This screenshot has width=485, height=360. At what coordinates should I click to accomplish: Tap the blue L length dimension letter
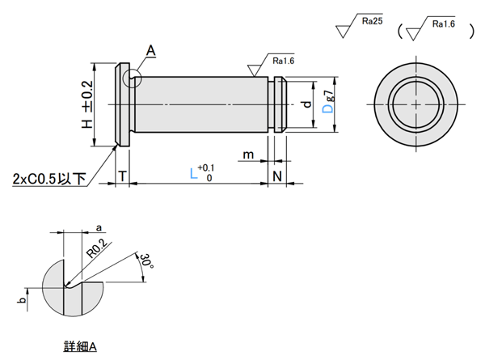pos(192,173)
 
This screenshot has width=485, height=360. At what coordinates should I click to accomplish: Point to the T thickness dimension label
pos(121,176)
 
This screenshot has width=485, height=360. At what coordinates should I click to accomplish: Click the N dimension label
pos(276,176)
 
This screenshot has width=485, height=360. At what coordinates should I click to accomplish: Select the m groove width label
pos(249,155)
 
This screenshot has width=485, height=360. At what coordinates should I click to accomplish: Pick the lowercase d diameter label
pos(305,105)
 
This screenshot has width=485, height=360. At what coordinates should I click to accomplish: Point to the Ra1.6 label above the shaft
pos(284,61)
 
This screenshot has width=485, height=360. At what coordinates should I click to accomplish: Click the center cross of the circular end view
pos(414,105)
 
